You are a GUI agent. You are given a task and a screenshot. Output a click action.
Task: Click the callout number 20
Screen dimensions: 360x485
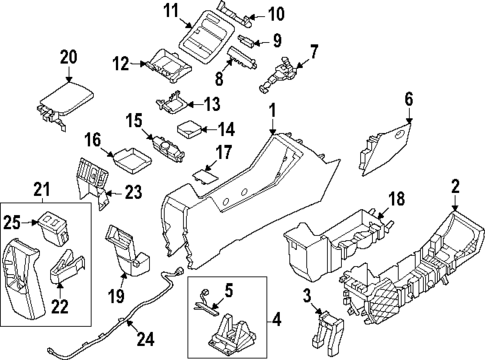[x=67, y=56]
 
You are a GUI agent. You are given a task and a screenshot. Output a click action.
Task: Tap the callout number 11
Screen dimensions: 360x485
[x=170, y=11]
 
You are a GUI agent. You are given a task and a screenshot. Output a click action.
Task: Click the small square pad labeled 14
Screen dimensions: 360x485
[x=188, y=128]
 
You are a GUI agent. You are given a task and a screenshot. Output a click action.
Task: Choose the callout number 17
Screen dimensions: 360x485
[x=223, y=152]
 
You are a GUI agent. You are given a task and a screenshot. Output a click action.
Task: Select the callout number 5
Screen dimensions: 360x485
[x=228, y=292]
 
